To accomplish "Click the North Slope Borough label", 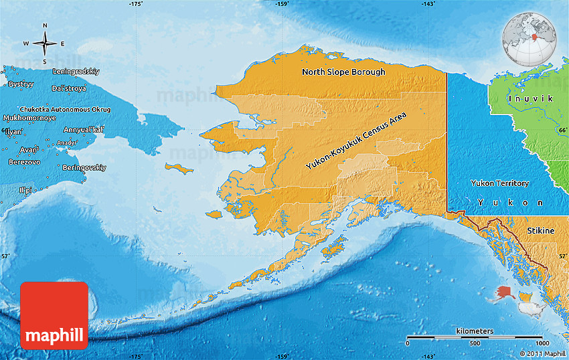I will click(x=343, y=72).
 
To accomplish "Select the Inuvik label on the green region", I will click(x=530, y=98).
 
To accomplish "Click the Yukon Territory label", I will click(x=500, y=183).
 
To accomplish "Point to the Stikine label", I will click(x=540, y=231).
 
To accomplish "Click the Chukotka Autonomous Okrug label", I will click(x=66, y=109).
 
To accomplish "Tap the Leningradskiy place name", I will click(x=76, y=71).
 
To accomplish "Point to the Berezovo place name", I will click(x=24, y=162).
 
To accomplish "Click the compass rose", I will click(x=45, y=43).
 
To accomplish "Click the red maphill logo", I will click(x=54, y=315).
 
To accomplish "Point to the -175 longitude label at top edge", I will click(x=136, y=4).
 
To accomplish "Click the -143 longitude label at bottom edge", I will click(x=429, y=356).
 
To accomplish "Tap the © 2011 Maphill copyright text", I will click(x=542, y=353).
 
